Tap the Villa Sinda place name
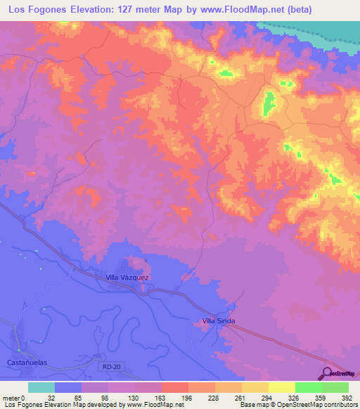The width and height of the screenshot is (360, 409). [218, 321]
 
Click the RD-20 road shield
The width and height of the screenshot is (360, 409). [107, 366]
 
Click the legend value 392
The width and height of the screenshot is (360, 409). [347, 398]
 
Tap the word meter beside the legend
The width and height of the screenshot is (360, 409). [9, 398]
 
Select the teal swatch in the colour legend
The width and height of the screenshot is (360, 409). [41, 387]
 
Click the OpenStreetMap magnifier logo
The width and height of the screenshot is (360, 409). [327, 373]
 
